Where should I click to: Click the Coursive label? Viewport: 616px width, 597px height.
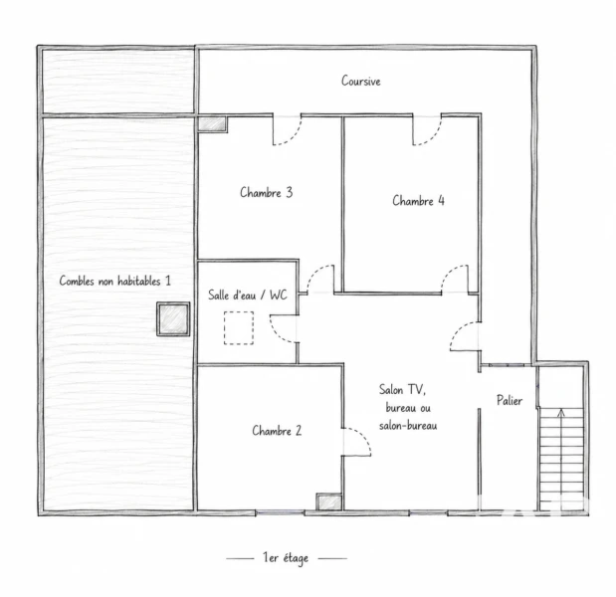click(x=360, y=81)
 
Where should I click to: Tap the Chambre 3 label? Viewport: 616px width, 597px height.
click(x=267, y=192)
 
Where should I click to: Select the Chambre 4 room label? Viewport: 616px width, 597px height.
click(x=418, y=201)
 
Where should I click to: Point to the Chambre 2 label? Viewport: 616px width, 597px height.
click(x=277, y=431)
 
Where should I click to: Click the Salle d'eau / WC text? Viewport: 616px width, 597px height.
click(x=248, y=295)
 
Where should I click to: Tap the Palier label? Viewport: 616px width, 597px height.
click(x=510, y=400)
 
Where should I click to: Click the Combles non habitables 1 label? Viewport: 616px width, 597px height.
click(x=115, y=281)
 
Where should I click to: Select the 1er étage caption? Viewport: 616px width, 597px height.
click(x=286, y=558)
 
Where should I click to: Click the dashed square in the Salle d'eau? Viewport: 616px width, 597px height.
click(x=239, y=328)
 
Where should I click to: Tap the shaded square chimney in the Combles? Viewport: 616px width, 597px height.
click(x=173, y=319)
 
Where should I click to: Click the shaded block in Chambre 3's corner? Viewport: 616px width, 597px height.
click(x=212, y=123)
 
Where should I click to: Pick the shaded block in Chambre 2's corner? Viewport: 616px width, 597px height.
click(x=329, y=501)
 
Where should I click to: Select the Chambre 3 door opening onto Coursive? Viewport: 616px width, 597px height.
click(x=288, y=130)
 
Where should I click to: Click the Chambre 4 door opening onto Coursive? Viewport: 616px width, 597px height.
click(x=427, y=130)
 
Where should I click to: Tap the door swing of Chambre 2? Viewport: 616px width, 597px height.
click(x=356, y=442)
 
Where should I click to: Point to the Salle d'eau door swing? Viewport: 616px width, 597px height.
click(x=283, y=329)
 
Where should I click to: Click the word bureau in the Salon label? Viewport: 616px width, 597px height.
click(x=400, y=408)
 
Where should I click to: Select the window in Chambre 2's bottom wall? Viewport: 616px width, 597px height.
click(x=280, y=512)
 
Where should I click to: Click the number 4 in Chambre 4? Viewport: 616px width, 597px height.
click(x=441, y=200)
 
